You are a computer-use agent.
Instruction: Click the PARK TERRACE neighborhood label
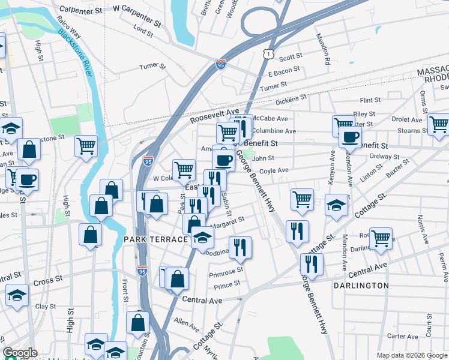[156, 239]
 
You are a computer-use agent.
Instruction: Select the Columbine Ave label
[274, 131]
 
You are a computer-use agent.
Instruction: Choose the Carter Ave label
[402, 337]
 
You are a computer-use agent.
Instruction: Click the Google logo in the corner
[20, 353]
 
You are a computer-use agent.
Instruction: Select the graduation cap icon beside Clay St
[17, 295]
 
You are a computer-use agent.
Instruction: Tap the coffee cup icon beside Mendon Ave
[349, 136]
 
